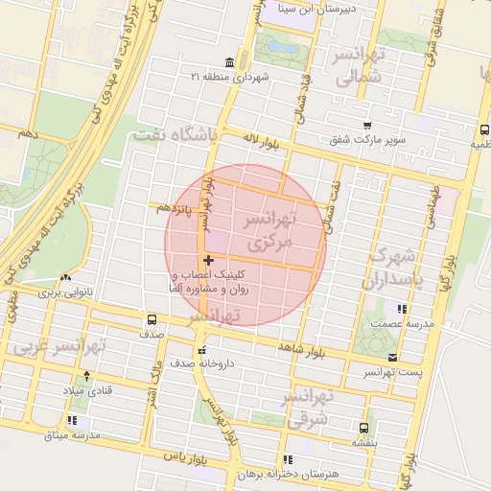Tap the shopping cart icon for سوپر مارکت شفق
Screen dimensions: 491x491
[367, 125]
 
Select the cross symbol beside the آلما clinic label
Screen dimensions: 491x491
[208, 260]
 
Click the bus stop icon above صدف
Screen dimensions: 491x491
[152, 319]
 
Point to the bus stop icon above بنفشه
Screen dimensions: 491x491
[362, 428]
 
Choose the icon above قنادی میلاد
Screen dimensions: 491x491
[87, 376]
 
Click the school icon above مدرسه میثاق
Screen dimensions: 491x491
[73, 420]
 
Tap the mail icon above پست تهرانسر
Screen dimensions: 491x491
[391, 357]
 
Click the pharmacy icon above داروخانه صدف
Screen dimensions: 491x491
[201, 349]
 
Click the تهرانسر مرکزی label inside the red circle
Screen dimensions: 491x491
[265, 232]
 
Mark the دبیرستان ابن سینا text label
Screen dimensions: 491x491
[288, 9]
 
